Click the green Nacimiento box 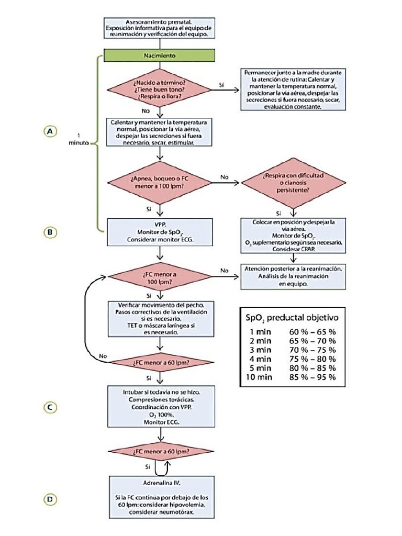click(x=160, y=55)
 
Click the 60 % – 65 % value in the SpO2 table click(x=312, y=331)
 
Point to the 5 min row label click(x=260, y=368)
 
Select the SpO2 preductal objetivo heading click(x=292, y=318)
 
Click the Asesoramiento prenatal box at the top click(x=160, y=28)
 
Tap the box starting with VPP click(x=160, y=231)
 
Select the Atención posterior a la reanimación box click(x=293, y=276)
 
